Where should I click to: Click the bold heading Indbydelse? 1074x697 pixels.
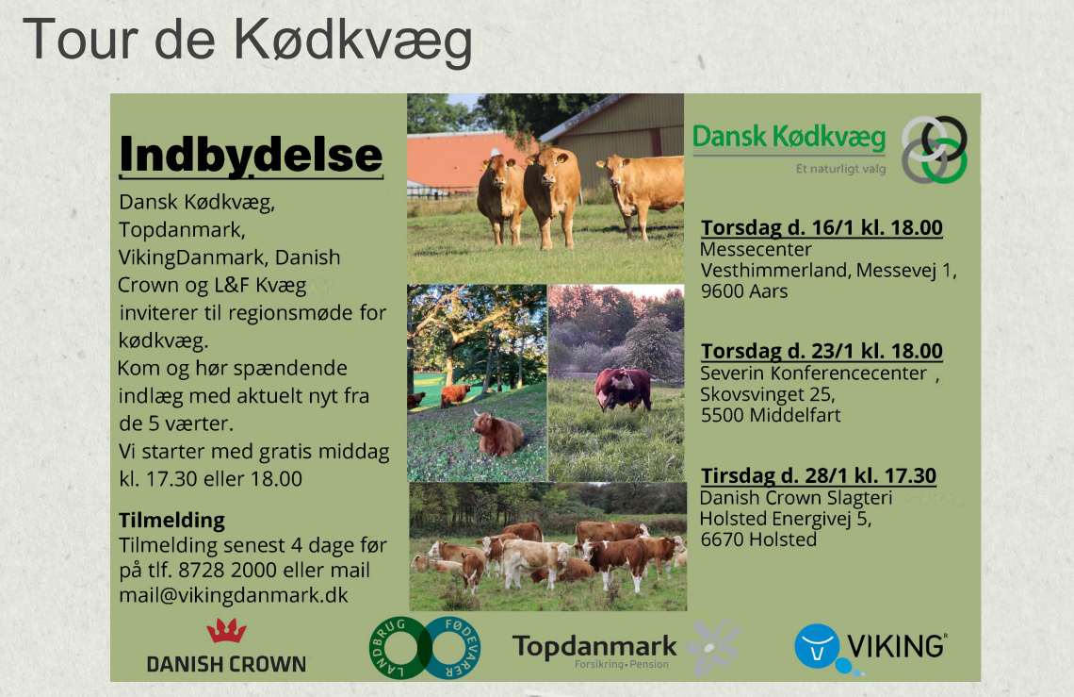251,155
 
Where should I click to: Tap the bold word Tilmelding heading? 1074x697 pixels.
171,521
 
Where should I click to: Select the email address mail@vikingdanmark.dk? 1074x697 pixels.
234,595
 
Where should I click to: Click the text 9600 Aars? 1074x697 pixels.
744,290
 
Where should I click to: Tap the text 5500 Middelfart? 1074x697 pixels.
771,415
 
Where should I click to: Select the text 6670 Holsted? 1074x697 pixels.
758,539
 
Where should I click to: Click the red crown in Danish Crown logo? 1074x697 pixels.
227,630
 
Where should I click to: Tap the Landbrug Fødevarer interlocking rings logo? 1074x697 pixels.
425,648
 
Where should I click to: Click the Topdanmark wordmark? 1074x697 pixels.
594,646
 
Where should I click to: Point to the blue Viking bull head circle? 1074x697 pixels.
817,645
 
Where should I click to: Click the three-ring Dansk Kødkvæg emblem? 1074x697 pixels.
934,150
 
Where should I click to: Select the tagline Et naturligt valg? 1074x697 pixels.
840,169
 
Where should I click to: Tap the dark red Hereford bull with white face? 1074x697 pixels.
623,389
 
